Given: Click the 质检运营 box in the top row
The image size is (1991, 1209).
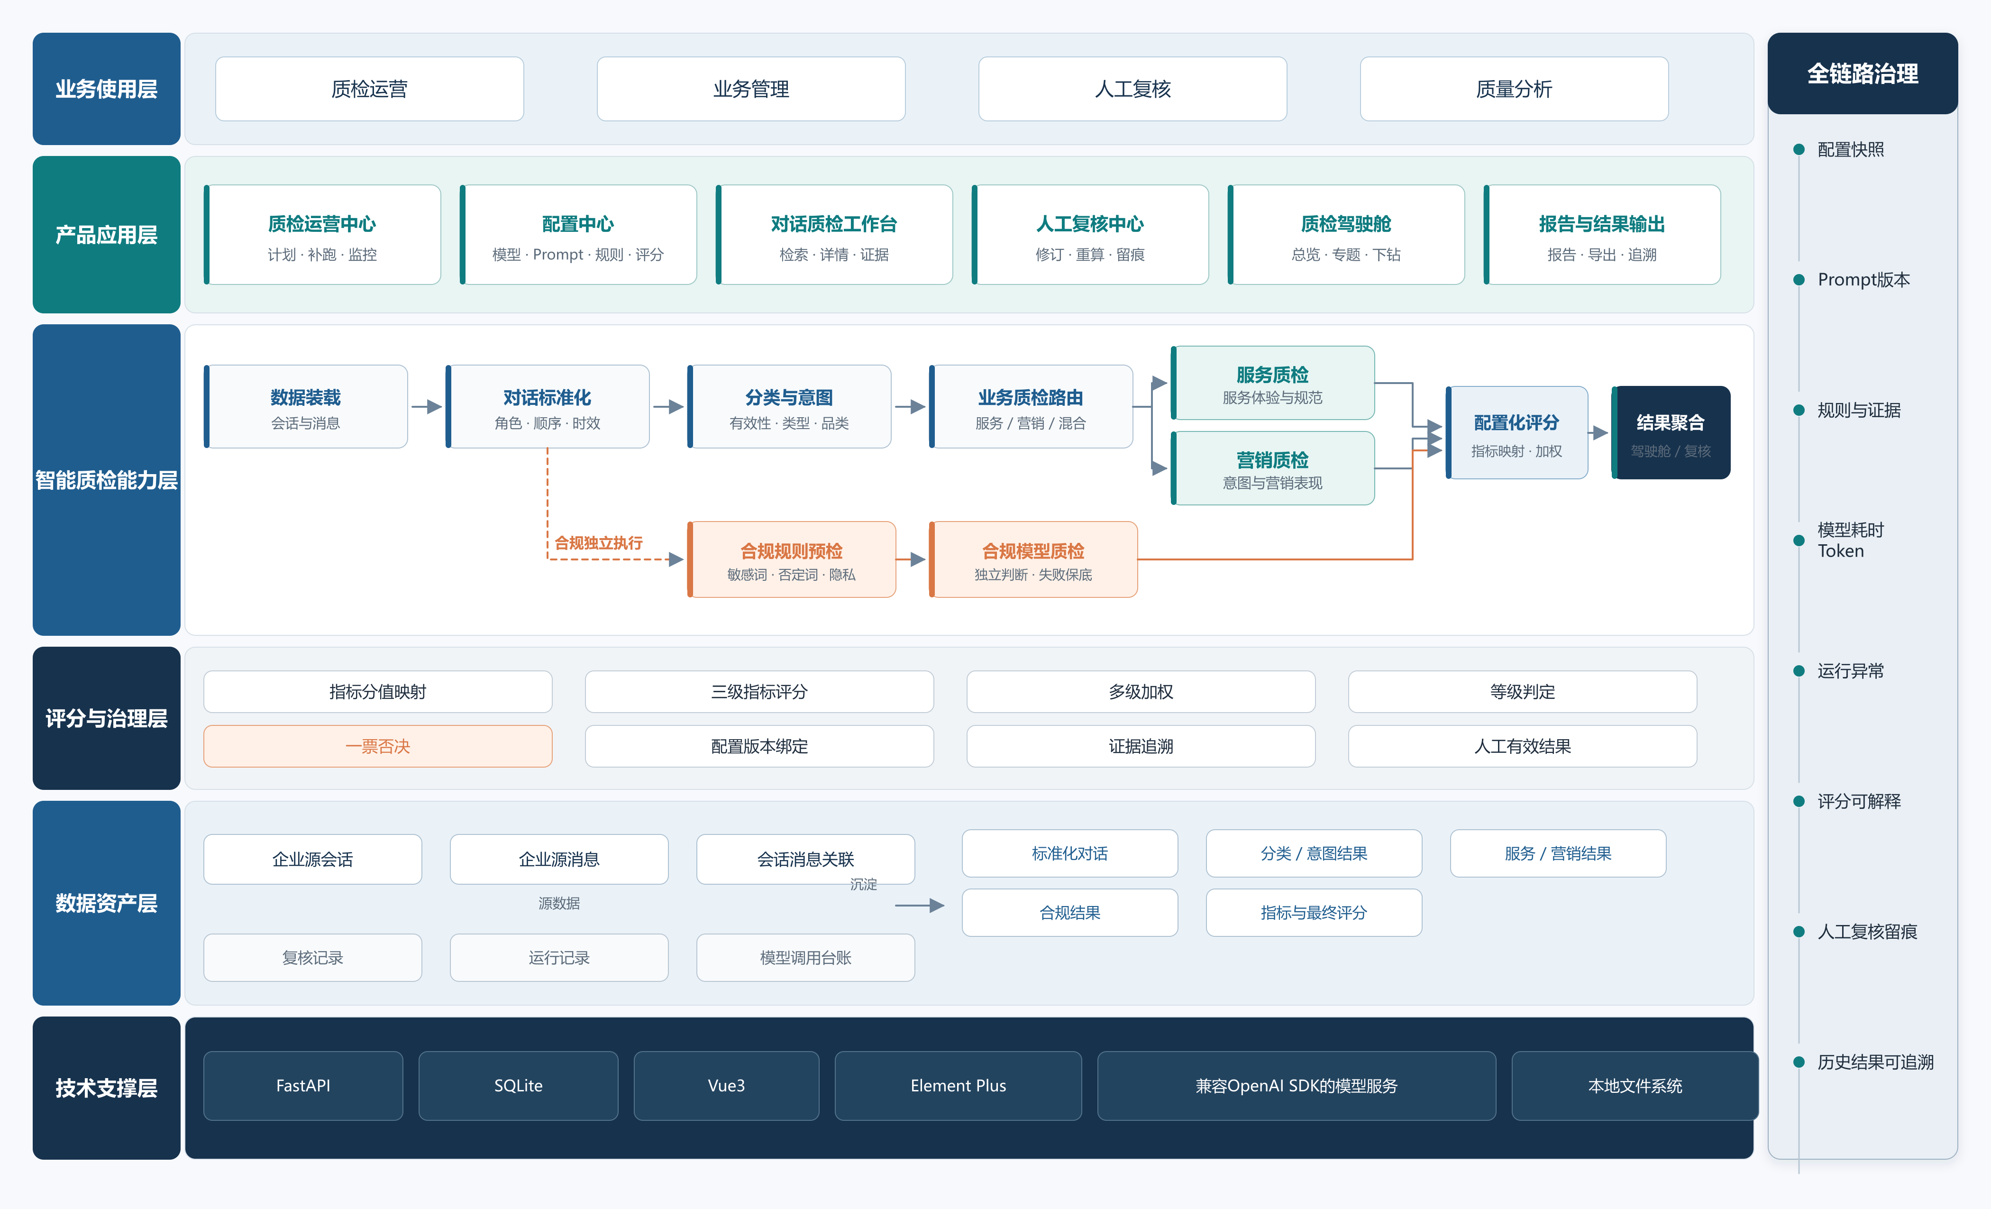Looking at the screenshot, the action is (369, 89).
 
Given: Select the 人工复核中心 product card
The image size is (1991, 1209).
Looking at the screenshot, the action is (1090, 234).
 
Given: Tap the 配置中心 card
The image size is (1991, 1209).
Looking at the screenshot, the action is (578, 234).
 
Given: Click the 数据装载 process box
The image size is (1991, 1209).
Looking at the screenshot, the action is (305, 406).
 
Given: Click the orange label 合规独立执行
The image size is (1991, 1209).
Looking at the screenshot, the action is (599, 543).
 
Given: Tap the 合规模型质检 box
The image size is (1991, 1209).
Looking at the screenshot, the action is (1033, 559).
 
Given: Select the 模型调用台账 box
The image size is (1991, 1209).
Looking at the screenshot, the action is (805, 958).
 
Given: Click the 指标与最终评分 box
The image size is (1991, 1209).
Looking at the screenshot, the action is (1314, 912).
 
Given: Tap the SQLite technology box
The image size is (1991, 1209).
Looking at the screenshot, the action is (518, 1085).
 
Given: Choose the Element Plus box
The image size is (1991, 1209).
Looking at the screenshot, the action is (959, 1085).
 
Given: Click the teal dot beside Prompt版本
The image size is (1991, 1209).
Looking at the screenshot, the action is (1799, 280).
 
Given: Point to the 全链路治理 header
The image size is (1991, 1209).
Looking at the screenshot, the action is (1863, 73).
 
